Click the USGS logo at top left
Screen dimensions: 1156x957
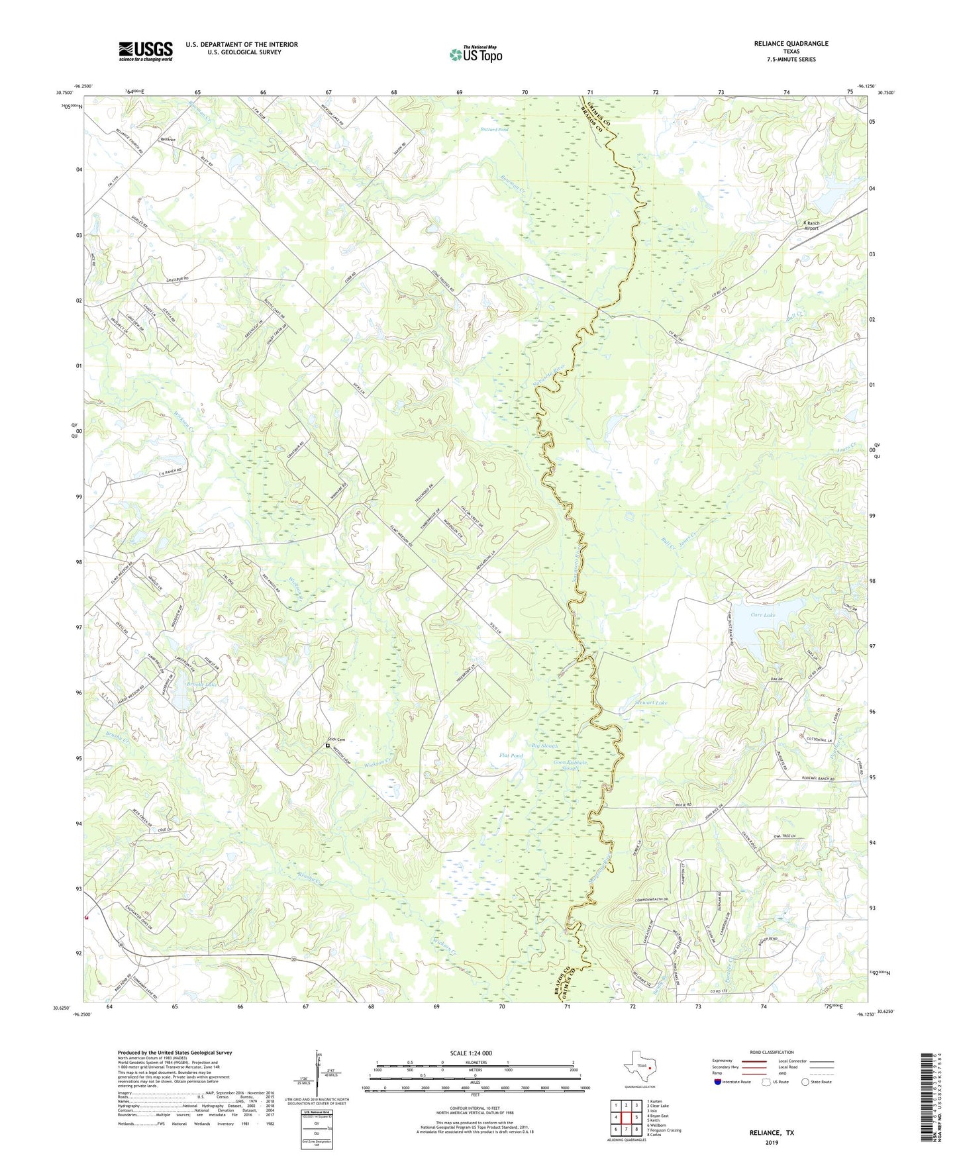pyautogui.click(x=146, y=51)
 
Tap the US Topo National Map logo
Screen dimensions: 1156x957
pyautogui.click(x=476, y=54)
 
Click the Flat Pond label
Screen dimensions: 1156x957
pyautogui.click(x=511, y=755)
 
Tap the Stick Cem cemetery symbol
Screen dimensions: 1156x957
pyautogui.click(x=327, y=746)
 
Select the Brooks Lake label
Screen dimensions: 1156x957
pyautogui.click(x=184, y=684)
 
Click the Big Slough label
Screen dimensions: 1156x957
pyautogui.click(x=545, y=746)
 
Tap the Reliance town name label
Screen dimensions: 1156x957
pyautogui.click(x=168, y=140)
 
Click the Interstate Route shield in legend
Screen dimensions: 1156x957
pyautogui.click(x=718, y=1082)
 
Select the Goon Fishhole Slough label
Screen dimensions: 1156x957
pyautogui.click(x=571, y=765)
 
